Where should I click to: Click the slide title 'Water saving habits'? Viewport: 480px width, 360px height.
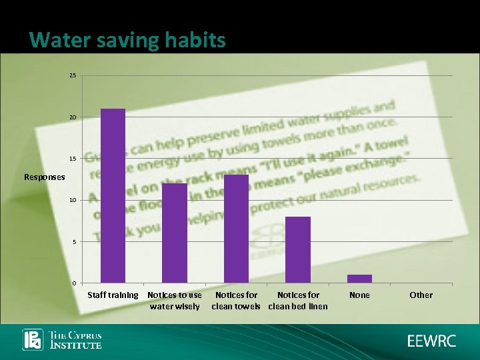128,41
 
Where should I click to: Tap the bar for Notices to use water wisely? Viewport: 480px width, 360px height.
175,233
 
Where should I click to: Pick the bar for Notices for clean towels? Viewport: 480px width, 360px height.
236,229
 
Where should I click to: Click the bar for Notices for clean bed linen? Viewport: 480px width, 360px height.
298,249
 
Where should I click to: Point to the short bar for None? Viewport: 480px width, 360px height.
359,279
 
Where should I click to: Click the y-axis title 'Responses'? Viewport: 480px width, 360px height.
45,177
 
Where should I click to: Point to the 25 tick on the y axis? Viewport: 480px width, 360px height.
73,76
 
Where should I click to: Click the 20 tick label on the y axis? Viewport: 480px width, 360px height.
73,117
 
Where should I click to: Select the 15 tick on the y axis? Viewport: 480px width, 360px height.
73,159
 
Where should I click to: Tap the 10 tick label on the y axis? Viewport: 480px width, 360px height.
73,200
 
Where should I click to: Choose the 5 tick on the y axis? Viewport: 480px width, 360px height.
74,241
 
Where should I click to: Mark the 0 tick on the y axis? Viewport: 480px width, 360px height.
74,283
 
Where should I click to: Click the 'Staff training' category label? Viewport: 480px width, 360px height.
113,295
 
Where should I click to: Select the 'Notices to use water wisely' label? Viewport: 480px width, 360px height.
175,301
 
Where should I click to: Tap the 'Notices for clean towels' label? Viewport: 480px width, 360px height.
236,301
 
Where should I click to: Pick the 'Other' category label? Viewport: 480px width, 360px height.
421,295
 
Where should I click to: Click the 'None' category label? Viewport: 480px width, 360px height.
359,295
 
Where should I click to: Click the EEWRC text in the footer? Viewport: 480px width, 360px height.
432,341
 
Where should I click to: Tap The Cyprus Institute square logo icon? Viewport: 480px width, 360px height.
33,340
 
